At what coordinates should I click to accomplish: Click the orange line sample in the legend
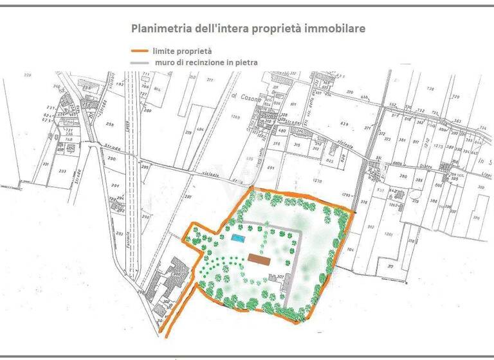[x=140, y=51]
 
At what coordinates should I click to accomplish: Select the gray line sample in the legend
[x=140, y=63]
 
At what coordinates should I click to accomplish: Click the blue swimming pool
[x=239, y=239]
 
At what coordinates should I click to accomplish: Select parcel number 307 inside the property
[x=280, y=277]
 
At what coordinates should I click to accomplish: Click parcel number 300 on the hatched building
[x=176, y=274]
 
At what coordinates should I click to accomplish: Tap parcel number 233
[x=62, y=172]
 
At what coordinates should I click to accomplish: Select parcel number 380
[x=403, y=177]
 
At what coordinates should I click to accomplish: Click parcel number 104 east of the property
[x=350, y=249]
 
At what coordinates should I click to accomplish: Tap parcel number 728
[x=430, y=89]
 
